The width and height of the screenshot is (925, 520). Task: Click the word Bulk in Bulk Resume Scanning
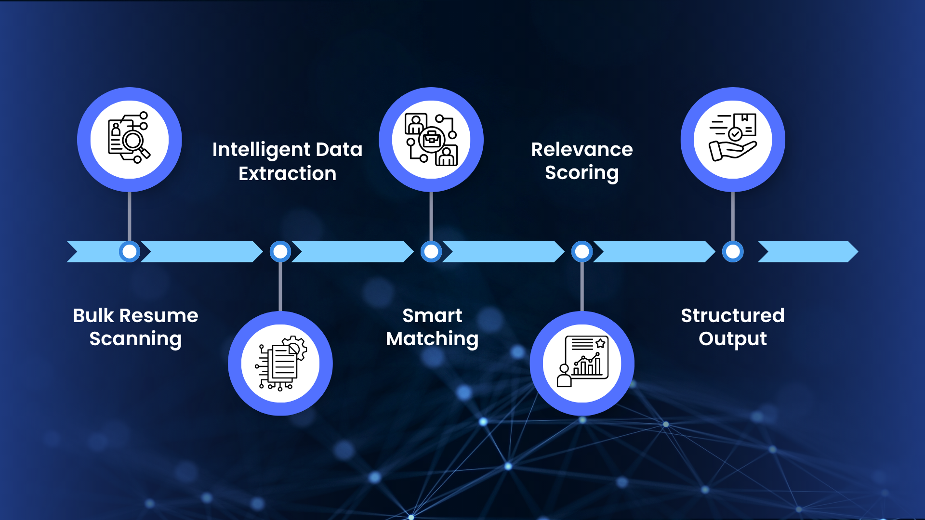[x=94, y=316]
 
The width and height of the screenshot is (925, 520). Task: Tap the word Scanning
[x=135, y=339]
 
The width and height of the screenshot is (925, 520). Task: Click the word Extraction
[x=287, y=173]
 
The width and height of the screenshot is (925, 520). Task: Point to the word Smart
[x=432, y=316]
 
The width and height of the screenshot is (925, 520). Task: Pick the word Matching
[x=432, y=339]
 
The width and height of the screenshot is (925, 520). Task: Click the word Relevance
[x=581, y=150]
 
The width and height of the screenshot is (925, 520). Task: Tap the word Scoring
[x=581, y=173]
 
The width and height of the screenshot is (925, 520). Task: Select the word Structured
[x=732, y=316]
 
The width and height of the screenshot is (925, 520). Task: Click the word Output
[x=732, y=339]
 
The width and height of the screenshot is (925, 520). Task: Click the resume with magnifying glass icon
[x=129, y=139]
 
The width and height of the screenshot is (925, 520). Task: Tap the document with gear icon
[x=280, y=363]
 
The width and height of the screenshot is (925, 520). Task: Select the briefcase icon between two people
[x=431, y=139]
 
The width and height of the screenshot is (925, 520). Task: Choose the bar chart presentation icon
[x=582, y=363]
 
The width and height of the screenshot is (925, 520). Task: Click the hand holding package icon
[x=733, y=139]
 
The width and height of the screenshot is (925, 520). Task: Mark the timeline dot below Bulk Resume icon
[x=129, y=251]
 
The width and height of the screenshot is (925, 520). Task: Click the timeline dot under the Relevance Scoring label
[x=582, y=251]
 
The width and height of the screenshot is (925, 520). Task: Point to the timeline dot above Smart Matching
[x=431, y=251]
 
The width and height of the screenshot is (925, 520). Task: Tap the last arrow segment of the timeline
[x=807, y=251]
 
